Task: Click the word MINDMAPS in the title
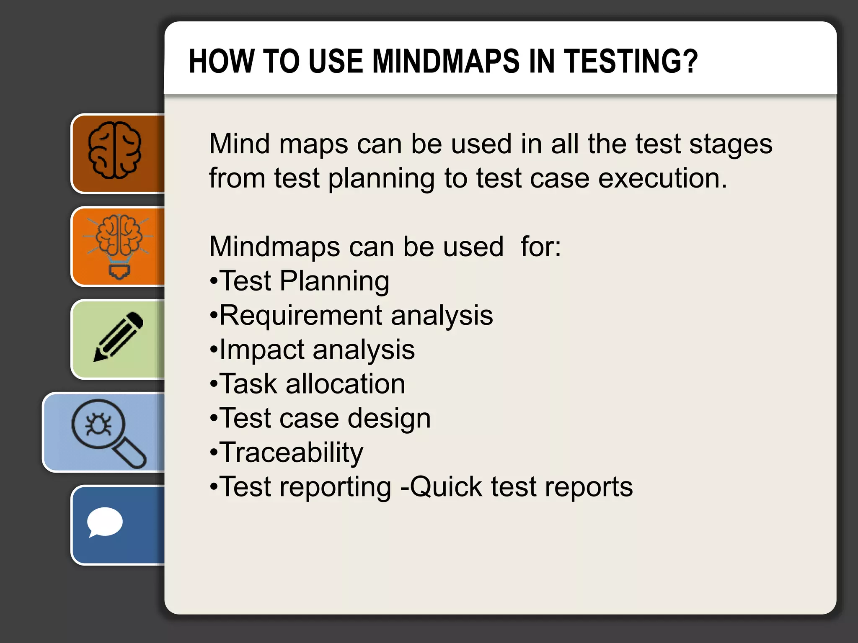click(x=444, y=61)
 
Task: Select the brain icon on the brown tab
click(x=114, y=150)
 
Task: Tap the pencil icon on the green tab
click(x=119, y=336)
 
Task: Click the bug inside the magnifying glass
click(x=98, y=424)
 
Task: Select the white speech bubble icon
click(x=104, y=522)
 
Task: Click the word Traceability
click(x=291, y=453)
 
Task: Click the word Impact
click(x=262, y=350)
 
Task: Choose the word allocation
click(x=345, y=384)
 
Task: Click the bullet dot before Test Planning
click(x=214, y=282)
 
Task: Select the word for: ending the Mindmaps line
click(x=540, y=247)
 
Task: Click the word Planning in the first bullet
click(x=334, y=281)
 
